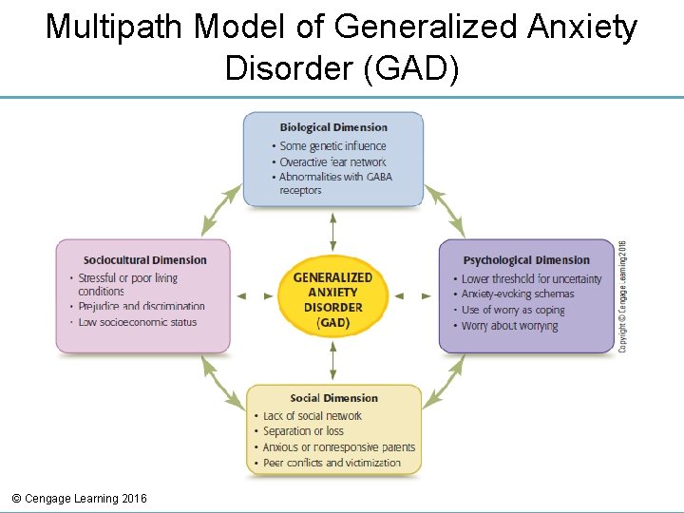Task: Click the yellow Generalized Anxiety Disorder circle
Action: (333, 295)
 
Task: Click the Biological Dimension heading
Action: (333, 127)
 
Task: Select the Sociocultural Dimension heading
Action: (144, 259)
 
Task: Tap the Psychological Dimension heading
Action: (526, 259)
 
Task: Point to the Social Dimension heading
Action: (333, 398)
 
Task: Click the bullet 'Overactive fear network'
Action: (332, 161)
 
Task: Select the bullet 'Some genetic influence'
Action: (332, 146)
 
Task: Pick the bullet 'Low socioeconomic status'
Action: (137, 322)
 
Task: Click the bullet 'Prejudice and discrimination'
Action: (141, 306)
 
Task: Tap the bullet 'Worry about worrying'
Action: (509, 326)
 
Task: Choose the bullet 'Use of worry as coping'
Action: (513, 310)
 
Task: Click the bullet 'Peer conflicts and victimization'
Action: (332, 463)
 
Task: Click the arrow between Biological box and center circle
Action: (333, 232)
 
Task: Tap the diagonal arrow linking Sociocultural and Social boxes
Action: (222, 381)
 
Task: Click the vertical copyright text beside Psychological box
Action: (623, 294)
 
